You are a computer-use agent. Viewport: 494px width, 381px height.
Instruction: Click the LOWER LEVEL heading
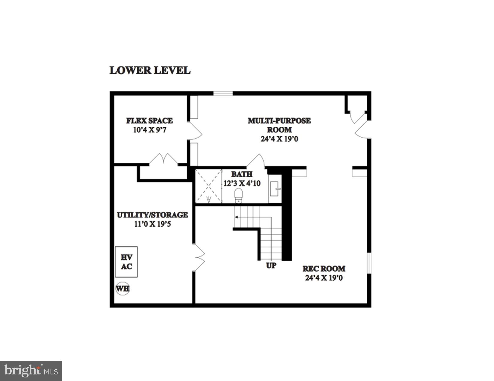(x=150, y=70)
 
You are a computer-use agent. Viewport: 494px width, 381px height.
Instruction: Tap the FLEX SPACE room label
(x=149, y=121)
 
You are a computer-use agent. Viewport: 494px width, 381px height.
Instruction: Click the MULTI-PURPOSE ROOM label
(x=279, y=125)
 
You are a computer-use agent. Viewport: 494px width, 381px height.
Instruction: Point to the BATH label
(x=241, y=174)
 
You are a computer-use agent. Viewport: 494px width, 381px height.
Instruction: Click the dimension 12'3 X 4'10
(x=242, y=183)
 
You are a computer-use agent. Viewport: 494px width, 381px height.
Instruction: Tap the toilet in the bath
(x=239, y=195)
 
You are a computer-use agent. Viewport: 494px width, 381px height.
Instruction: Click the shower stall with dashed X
(x=208, y=186)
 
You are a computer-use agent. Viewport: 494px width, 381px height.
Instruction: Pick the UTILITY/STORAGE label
(x=152, y=215)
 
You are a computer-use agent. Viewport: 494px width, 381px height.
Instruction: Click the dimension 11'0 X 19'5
(x=152, y=224)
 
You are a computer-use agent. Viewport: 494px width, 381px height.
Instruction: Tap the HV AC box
(x=126, y=262)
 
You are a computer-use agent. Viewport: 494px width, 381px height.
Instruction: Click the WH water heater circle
(x=122, y=289)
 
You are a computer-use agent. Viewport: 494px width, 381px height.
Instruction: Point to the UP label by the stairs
(x=271, y=265)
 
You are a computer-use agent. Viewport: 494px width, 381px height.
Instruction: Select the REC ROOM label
(x=324, y=268)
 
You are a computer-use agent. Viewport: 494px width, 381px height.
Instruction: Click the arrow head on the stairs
(x=236, y=217)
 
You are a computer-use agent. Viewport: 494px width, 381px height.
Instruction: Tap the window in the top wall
(x=223, y=94)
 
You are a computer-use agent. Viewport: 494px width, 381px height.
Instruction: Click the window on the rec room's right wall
(x=369, y=263)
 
